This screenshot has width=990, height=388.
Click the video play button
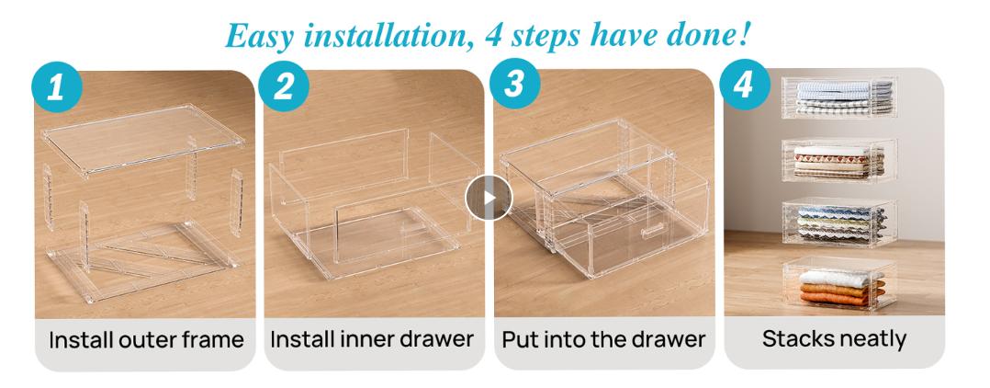(x=487, y=198)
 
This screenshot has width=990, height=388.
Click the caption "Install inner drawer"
(x=373, y=339)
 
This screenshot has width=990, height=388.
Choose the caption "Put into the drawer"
(x=603, y=339)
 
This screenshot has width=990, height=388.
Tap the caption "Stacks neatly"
(x=834, y=339)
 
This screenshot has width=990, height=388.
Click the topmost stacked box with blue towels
(x=838, y=96)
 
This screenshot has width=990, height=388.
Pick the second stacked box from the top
(x=838, y=161)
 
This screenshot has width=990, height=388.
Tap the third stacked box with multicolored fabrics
(x=838, y=223)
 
